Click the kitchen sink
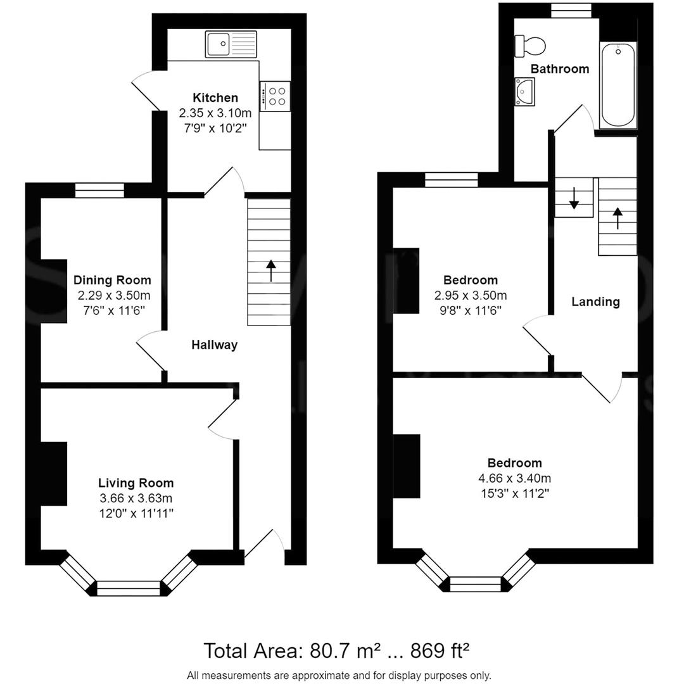(x=231, y=44)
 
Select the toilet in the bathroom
(x=531, y=45)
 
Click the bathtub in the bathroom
(x=618, y=85)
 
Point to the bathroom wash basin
(x=524, y=92)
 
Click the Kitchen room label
(x=215, y=98)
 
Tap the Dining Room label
(x=112, y=280)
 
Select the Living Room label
(x=136, y=483)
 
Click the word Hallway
(x=215, y=345)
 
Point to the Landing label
(x=595, y=301)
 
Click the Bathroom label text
(x=560, y=68)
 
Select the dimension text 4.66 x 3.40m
(x=514, y=479)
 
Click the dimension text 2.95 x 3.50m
(x=470, y=296)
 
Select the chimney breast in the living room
(x=54, y=474)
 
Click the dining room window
(x=99, y=189)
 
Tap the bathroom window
(x=571, y=9)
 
